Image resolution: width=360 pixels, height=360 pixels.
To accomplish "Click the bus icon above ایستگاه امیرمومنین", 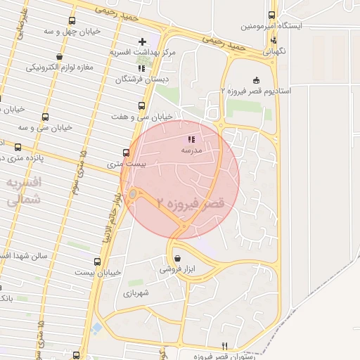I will coord(272,15).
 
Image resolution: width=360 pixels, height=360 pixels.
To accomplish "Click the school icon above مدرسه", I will coord(192,139).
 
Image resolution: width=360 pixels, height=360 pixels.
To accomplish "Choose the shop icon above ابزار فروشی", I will coord(176,258).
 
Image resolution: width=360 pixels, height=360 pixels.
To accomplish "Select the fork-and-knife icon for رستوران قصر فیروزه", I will coord(225,345).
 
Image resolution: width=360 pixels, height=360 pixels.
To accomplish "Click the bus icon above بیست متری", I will coord(126,152).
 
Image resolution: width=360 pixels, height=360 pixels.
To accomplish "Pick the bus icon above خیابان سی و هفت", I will coord(141,106).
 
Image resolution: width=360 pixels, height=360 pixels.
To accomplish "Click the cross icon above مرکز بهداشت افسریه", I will coord(143,41).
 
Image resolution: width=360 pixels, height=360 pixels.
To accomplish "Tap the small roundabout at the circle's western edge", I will coord(132,193).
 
